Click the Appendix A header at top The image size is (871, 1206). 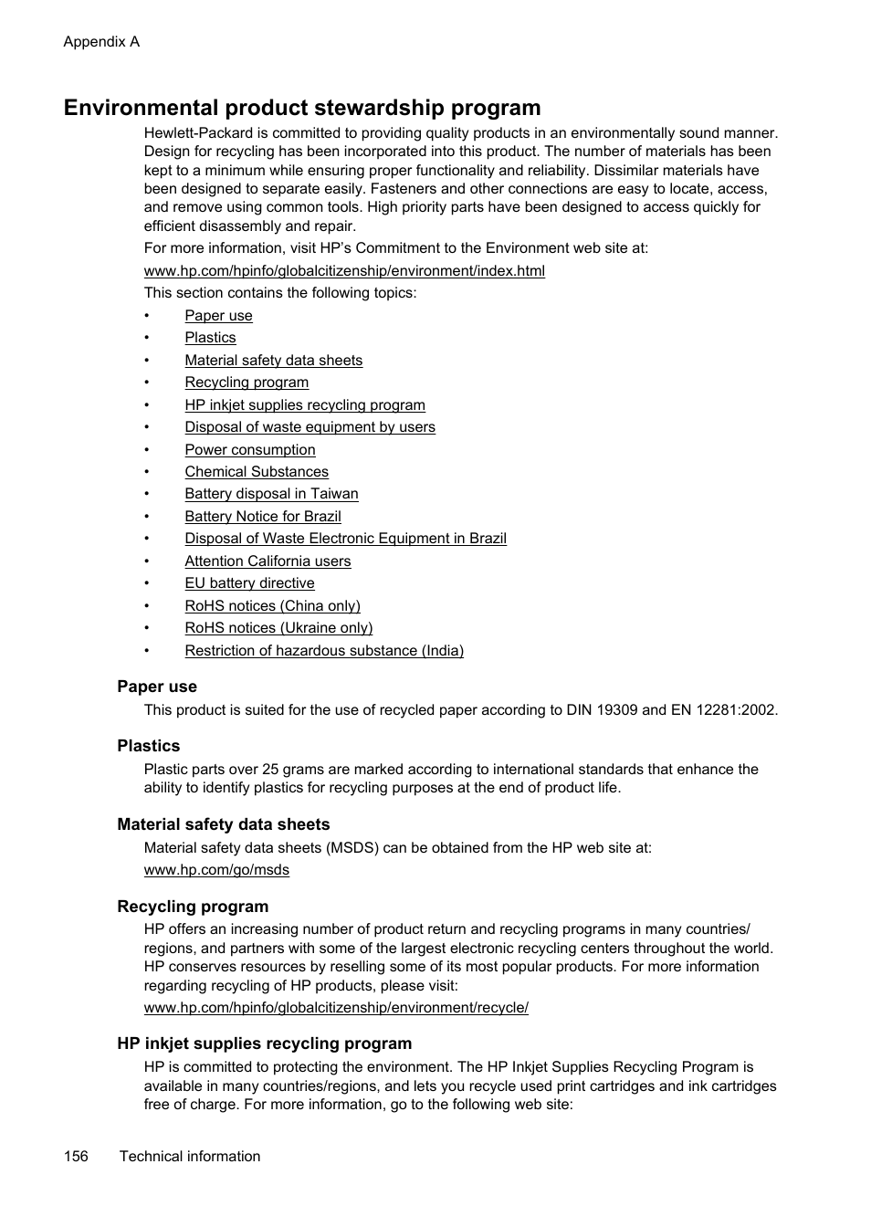(101, 42)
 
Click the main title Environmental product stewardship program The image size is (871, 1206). (302, 108)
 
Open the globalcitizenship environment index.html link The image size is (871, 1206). (344, 271)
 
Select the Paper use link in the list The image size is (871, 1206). (218, 316)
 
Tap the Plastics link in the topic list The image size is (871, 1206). (210, 338)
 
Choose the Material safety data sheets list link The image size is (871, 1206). (273, 361)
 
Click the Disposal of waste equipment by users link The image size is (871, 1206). (310, 427)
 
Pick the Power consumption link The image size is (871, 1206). (249, 450)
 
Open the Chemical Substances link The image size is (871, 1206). (256, 472)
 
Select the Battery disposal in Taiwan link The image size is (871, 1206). (271, 494)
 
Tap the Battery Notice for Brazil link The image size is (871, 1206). (262, 517)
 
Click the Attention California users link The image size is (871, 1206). (268, 561)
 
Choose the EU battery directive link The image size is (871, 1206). (249, 583)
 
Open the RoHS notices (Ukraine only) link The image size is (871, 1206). (278, 628)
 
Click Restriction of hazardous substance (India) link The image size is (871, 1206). (323, 651)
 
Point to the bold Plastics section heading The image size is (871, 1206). (148, 746)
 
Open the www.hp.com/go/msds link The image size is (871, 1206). (216, 870)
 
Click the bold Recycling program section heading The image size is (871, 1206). (193, 907)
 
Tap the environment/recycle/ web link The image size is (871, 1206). (336, 1008)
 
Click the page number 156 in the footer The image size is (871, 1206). (76, 1157)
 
